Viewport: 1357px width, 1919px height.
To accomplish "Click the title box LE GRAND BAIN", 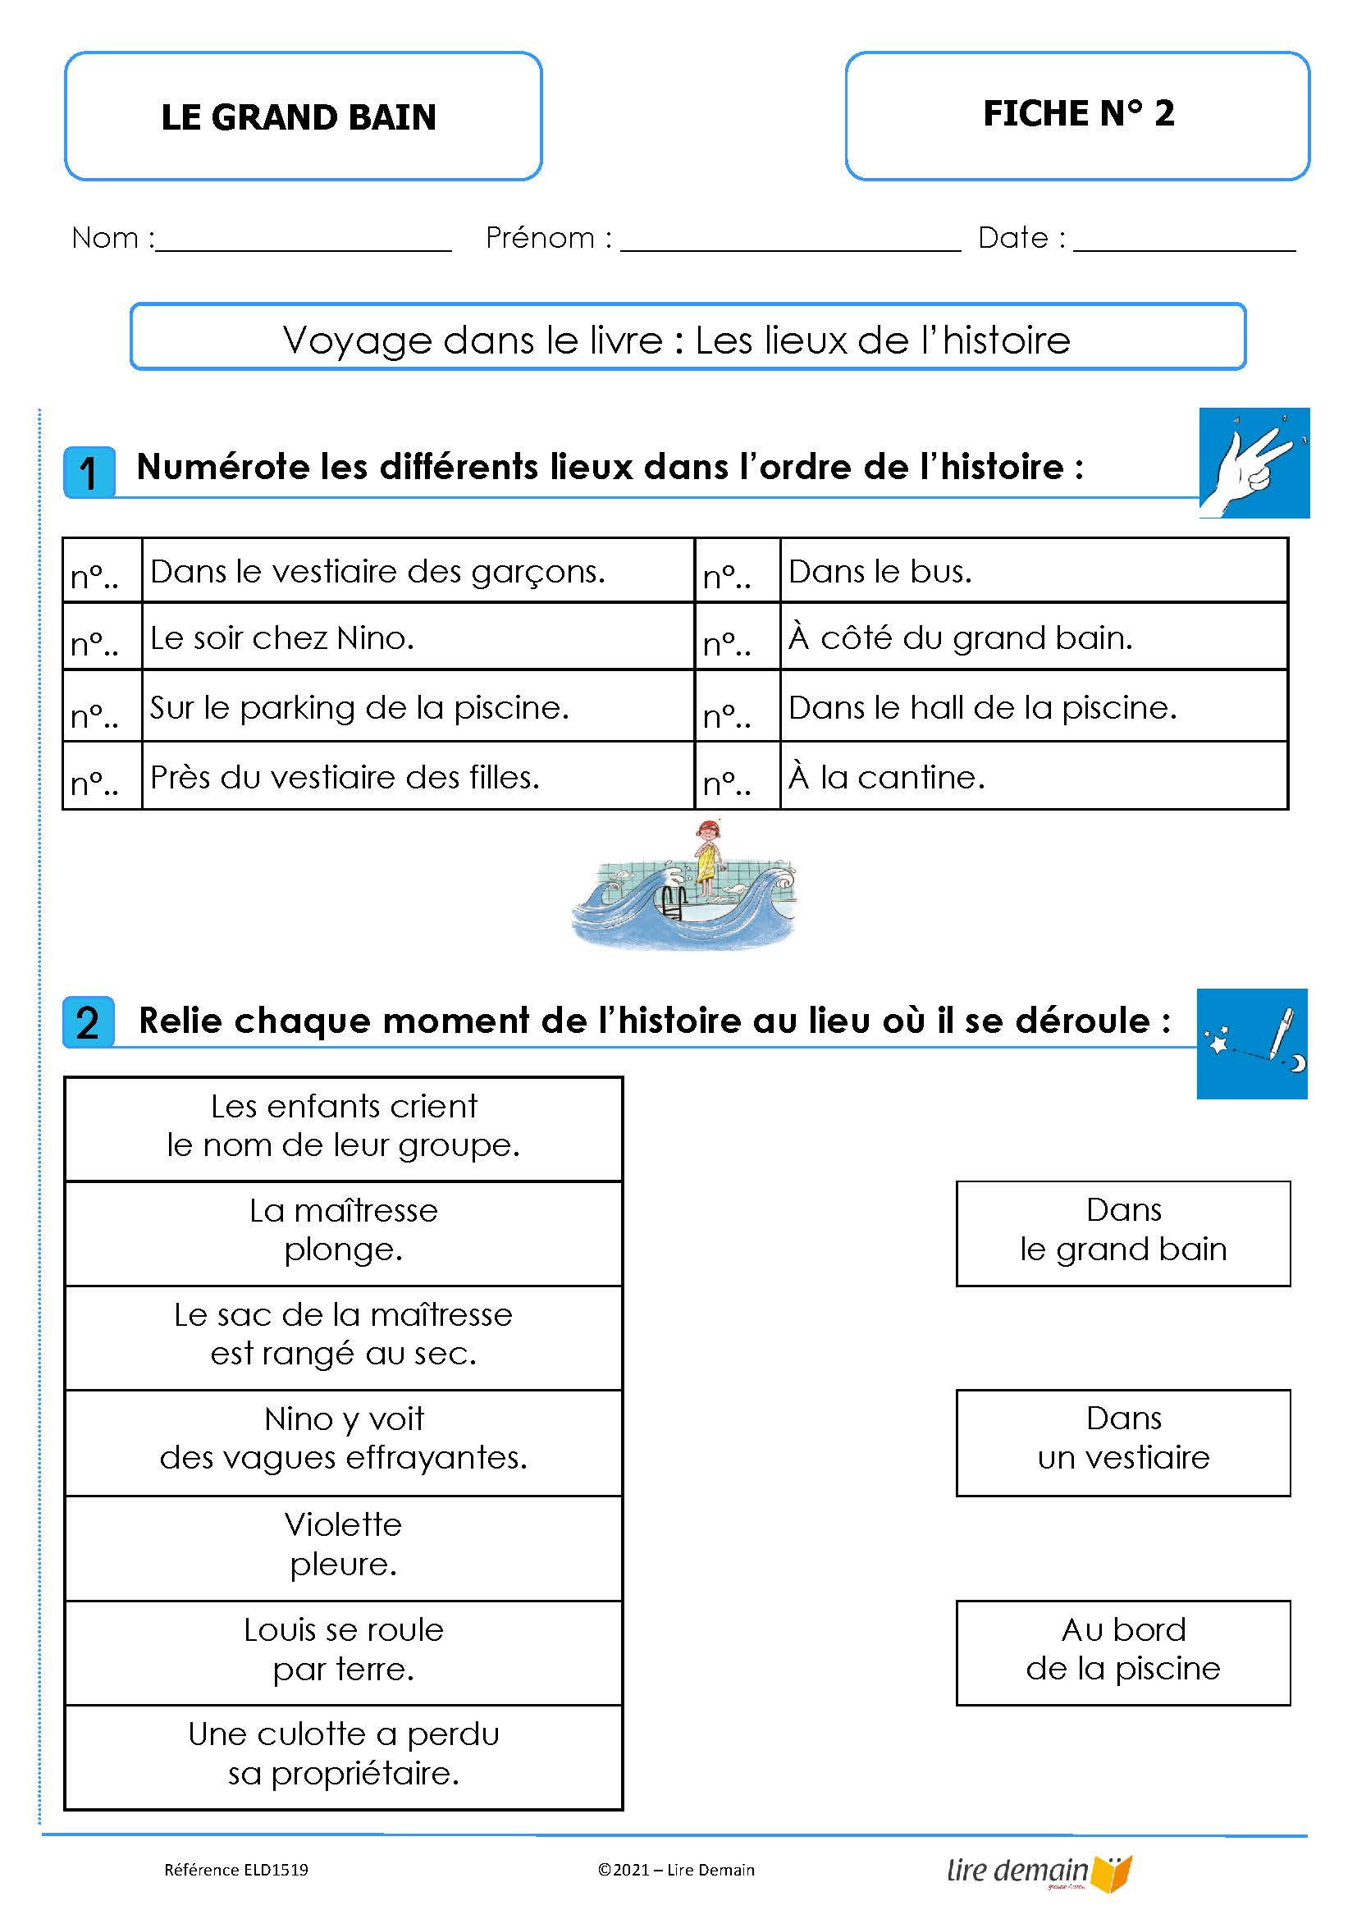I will (x=303, y=117).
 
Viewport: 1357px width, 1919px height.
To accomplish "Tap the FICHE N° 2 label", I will (x=1077, y=115).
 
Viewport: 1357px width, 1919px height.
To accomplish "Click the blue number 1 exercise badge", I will (x=89, y=473).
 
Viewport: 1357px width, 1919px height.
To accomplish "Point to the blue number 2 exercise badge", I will (x=89, y=1022).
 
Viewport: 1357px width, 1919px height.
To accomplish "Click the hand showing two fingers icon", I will (x=1254, y=462).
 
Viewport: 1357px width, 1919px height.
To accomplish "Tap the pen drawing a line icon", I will (x=1251, y=1043).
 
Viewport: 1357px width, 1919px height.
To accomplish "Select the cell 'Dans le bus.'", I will (x=1033, y=572).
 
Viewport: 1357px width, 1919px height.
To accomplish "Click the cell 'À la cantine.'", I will (x=1033, y=777).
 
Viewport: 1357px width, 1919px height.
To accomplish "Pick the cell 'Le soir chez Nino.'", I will (x=418, y=637).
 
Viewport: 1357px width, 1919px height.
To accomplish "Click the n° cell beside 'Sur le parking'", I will (x=102, y=708).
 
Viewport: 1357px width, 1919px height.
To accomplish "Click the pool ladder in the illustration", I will (x=674, y=902).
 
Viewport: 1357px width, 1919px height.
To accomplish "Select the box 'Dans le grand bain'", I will (x=1122, y=1232).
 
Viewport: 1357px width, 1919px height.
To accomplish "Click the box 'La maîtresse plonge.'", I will (x=344, y=1232).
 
